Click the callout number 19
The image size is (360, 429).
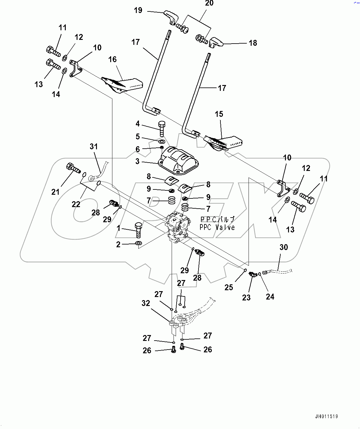138,10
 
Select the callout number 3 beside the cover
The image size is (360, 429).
137,161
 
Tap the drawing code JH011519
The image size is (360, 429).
326,416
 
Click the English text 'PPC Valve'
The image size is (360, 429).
217,227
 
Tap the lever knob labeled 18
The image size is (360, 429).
216,42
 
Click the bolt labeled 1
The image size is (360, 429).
138,229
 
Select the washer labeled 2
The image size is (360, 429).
139,244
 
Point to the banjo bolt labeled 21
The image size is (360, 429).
73,168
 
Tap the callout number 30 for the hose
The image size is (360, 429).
283,247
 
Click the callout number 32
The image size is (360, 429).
146,303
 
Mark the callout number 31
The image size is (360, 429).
94,147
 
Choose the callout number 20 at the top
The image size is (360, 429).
209,3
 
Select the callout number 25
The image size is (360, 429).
228,287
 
